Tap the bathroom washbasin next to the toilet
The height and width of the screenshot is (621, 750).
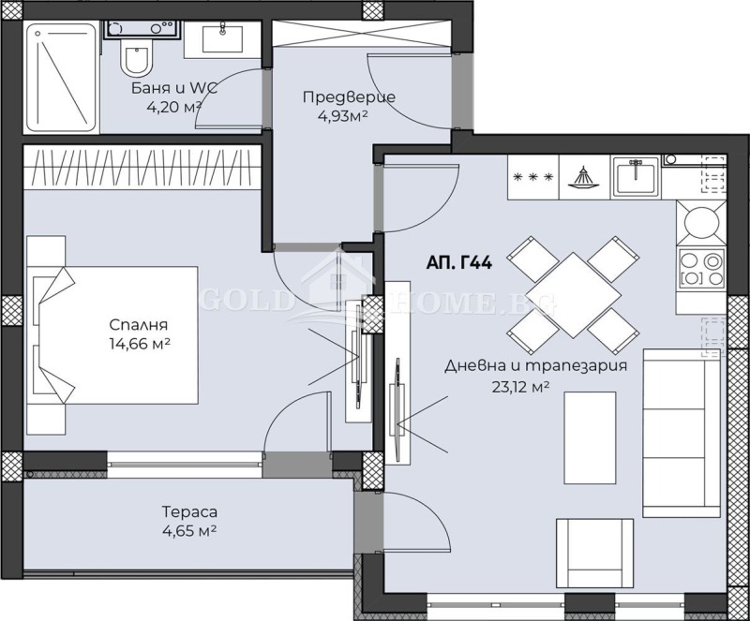(222, 38)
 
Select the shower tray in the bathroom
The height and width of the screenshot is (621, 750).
(62, 78)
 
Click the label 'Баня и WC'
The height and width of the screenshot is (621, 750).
(174, 88)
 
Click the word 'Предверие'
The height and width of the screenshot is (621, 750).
(349, 97)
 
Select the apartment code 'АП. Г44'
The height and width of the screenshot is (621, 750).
(458, 262)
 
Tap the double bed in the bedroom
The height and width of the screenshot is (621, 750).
(115, 335)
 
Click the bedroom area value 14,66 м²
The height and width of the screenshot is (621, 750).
(140, 344)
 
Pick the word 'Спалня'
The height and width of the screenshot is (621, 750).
(139, 325)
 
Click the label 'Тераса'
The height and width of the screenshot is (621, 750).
(190, 512)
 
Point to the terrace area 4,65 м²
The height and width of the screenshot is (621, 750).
(190, 531)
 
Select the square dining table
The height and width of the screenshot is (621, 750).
(573, 294)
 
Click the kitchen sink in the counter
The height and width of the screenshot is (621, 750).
(636, 176)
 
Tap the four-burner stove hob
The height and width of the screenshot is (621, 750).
(700, 271)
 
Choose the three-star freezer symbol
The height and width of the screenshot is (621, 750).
(533, 177)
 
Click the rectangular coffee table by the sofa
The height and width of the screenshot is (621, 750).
(590, 438)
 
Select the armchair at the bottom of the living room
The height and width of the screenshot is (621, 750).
(594, 554)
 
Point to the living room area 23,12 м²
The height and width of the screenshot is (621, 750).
(520, 387)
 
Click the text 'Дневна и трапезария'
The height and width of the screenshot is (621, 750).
(535, 366)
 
